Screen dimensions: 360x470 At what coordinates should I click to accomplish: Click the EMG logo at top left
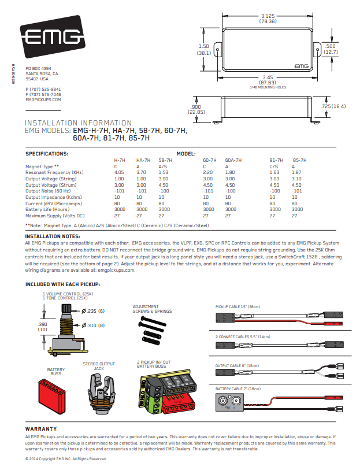53,36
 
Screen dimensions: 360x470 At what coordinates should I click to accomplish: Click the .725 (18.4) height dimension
333,106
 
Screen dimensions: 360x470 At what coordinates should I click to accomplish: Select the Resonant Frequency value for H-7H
119,173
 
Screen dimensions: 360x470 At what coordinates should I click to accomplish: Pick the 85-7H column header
299,160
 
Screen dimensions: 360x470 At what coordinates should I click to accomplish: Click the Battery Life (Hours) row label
47,209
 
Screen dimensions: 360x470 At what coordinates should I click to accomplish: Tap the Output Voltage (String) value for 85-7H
296,179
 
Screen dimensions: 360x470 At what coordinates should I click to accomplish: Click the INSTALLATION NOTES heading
53,236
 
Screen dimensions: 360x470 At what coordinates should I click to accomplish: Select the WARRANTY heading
41,429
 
